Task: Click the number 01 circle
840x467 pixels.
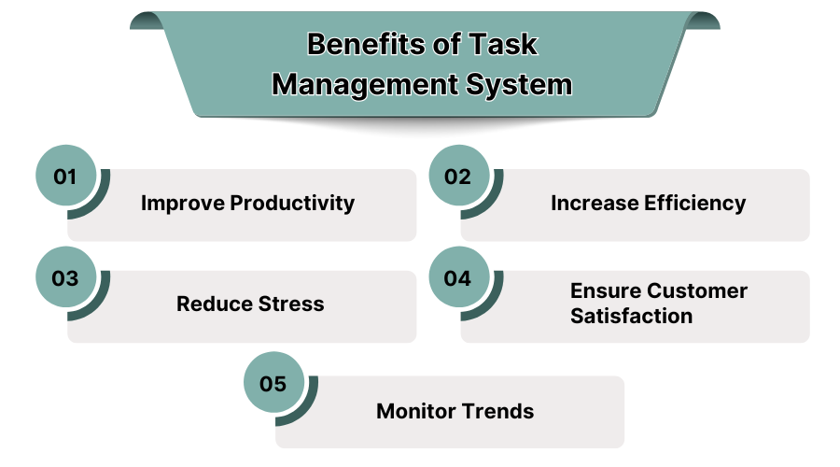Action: (x=65, y=176)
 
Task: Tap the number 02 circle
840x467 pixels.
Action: (x=458, y=176)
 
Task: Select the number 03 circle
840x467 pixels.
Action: (x=65, y=278)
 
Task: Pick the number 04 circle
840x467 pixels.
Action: (x=458, y=278)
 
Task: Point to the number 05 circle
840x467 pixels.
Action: (x=273, y=383)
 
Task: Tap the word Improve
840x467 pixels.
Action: (x=183, y=203)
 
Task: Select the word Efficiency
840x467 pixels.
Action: (x=697, y=203)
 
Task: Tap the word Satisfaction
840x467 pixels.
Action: (x=632, y=316)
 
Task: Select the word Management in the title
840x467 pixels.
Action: (x=365, y=85)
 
